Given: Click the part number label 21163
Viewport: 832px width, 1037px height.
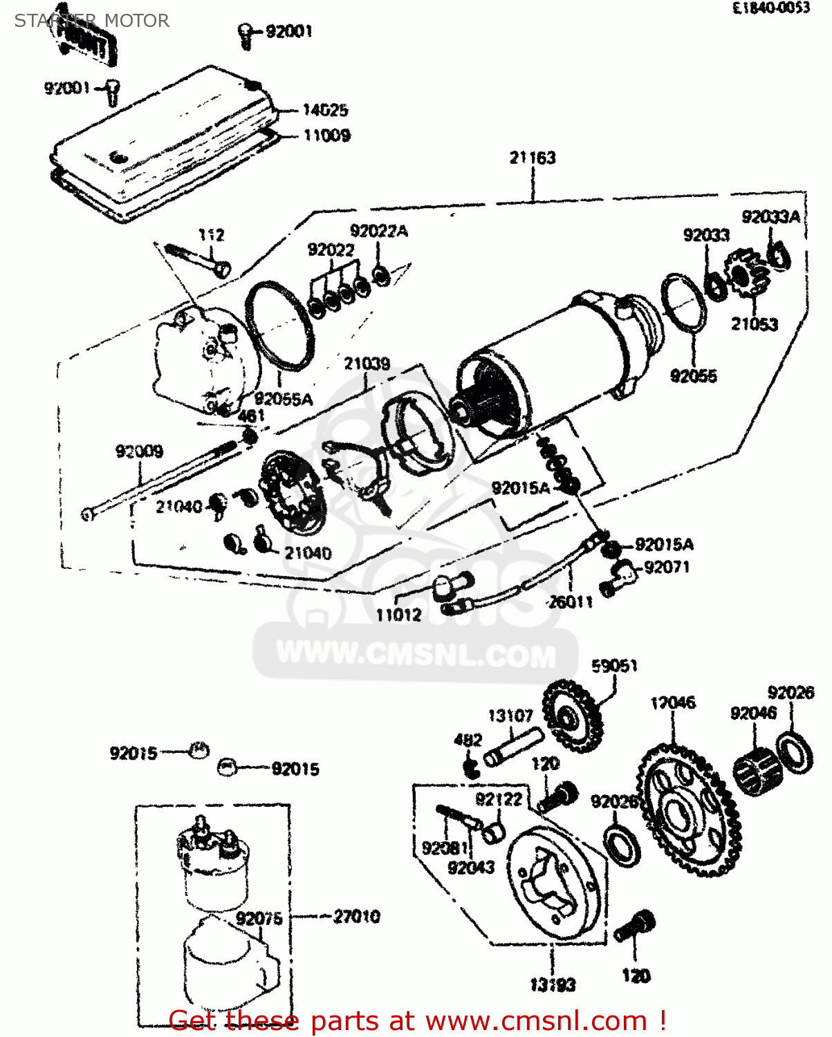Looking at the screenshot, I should [x=533, y=158].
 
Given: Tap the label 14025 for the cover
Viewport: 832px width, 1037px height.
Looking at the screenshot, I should [x=325, y=110].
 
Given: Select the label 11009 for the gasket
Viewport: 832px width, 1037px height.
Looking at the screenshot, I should [x=326, y=135].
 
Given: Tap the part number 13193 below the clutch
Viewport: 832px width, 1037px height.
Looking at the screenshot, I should [x=553, y=984].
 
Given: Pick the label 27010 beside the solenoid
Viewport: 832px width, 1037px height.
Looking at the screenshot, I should [x=356, y=917].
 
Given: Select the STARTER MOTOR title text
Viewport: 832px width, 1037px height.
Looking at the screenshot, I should [x=91, y=21].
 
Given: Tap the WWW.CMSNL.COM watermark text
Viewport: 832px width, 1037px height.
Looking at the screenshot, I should [x=416, y=655].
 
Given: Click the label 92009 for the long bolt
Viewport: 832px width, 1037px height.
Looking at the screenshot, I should [x=139, y=451].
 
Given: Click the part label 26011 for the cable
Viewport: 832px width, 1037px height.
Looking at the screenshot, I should [x=571, y=601].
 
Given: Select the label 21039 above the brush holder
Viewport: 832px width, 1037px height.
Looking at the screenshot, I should [x=367, y=364].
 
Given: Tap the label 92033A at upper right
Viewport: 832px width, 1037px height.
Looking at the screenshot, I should [x=770, y=217].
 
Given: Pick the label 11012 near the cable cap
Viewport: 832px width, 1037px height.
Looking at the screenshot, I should [x=398, y=614].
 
